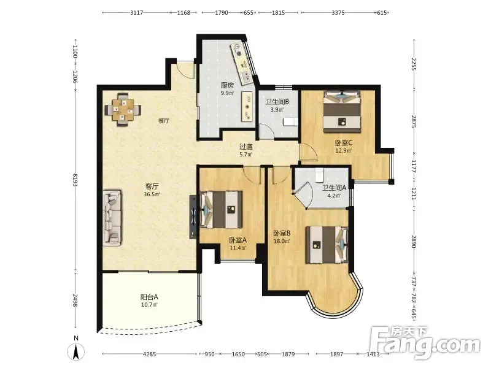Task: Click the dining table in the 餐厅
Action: (x=123, y=110)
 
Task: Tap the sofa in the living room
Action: (x=112, y=218)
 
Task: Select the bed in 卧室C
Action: (x=342, y=111)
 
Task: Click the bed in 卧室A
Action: (x=221, y=210)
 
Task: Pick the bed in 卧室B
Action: (x=327, y=245)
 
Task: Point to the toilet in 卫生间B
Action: (x=290, y=121)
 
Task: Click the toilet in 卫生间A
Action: (x=319, y=175)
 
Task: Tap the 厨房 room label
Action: (x=227, y=85)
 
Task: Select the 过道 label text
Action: (x=246, y=147)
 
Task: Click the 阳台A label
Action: (x=149, y=297)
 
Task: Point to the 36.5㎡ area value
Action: (x=152, y=194)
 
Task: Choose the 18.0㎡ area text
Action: (x=282, y=241)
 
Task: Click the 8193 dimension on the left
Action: (x=75, y=180)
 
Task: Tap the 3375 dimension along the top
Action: (x=338, y=12)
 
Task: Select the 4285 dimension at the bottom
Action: (x=149, y=355)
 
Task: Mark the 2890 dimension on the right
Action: (x=414, y=241)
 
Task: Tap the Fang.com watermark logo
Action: (x=425, y=343)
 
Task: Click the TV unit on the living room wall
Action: (x=193, y=217)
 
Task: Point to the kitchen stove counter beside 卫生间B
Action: (x=247, y=106)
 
